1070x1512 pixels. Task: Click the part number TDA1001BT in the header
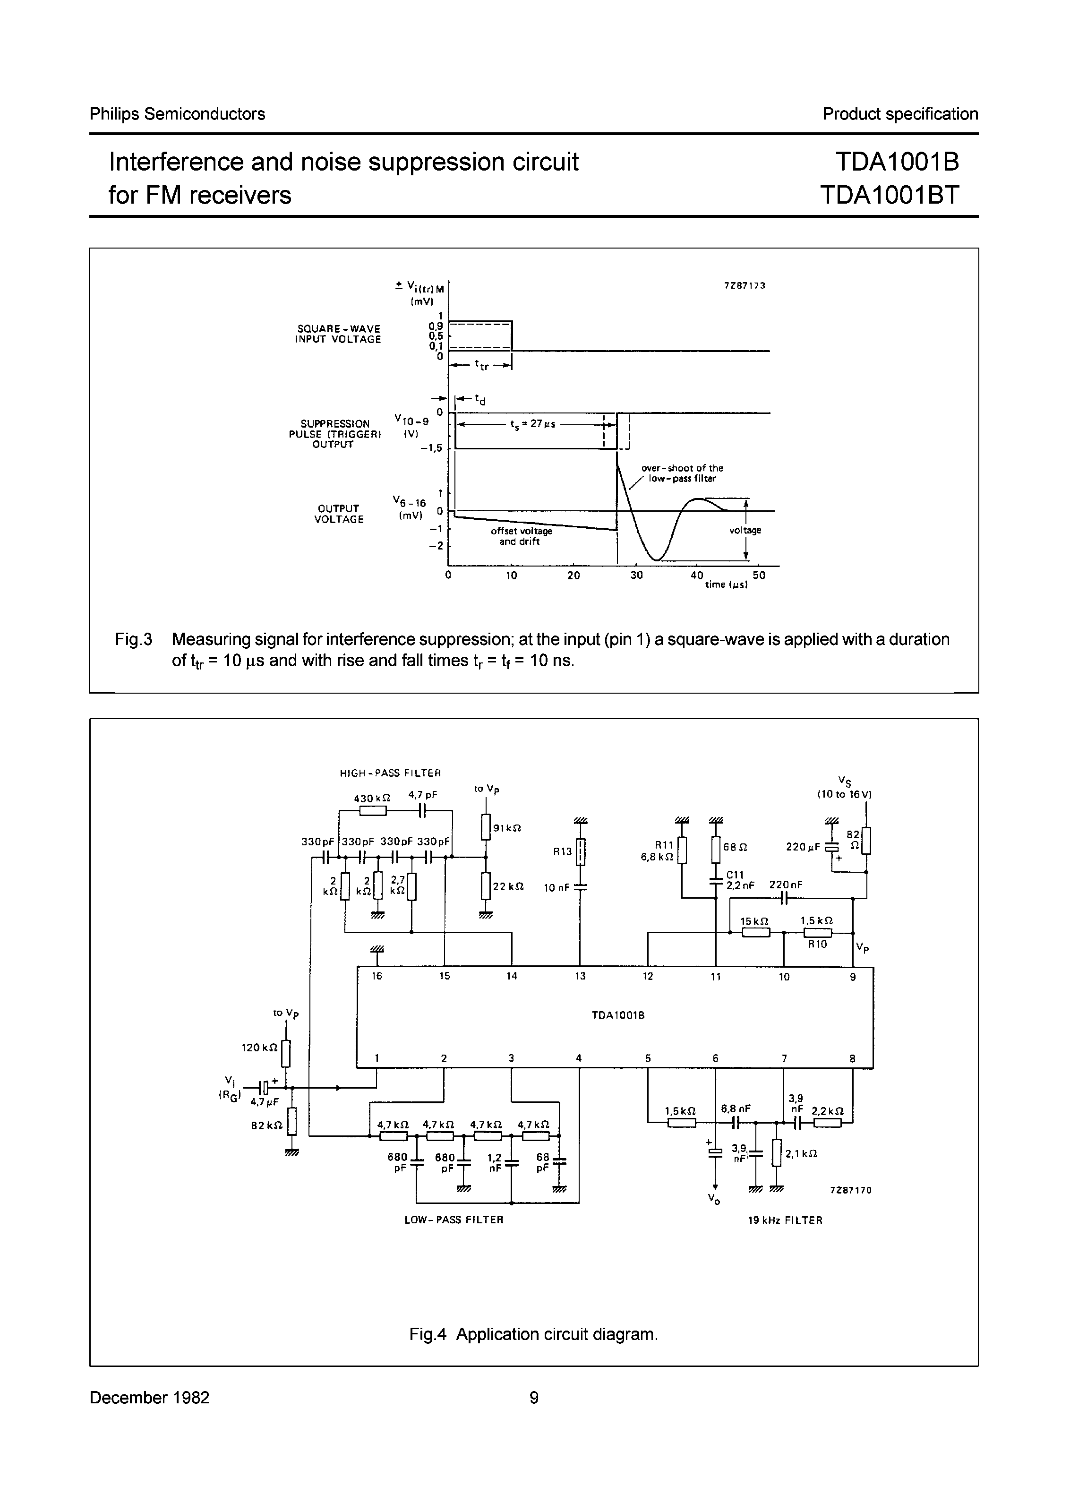(x=890, y=195)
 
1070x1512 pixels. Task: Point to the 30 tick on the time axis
(x=636, y=575)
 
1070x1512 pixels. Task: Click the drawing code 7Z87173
(x=745, y=286)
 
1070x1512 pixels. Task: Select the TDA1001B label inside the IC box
(x=617, y=1015)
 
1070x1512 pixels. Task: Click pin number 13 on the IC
(x=580, y=976)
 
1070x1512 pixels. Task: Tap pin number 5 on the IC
(x=648, y=1058)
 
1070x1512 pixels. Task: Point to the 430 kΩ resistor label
(x=372, y=798)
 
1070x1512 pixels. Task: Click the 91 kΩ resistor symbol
(x=486, y=827)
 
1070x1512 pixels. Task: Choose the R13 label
(x=562, y=851)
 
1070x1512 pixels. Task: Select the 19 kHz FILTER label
(x=785, y=1220)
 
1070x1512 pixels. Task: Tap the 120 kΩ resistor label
(x=259, y=1047)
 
